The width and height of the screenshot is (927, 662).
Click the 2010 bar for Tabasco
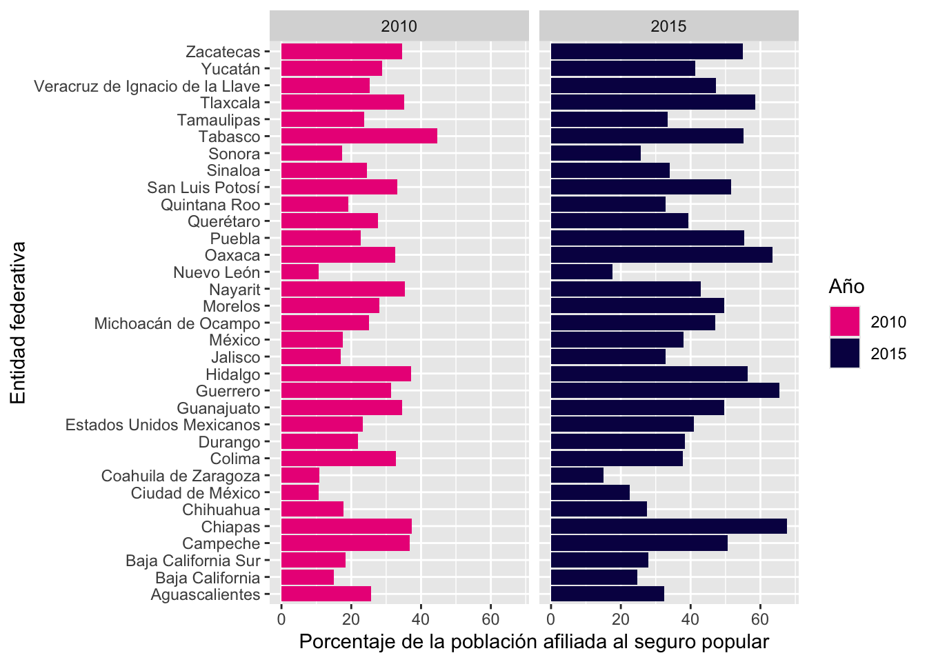click(x=359, y=136)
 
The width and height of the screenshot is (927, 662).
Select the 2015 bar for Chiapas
click(x=669, y=526)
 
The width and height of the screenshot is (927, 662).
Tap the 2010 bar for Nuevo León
click(x=300, y=272)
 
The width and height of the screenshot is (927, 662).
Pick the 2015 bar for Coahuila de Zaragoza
click(x=577, y=475)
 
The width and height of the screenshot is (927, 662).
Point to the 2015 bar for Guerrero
click(x=665, y=390)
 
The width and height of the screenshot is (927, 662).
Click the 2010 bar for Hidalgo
click(x=346, y=374)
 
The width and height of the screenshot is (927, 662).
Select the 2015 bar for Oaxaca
click(x=661, y=255)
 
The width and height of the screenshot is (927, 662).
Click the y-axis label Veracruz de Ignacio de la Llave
click(x=147, y=86)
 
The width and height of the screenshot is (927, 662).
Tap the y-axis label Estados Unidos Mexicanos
click(x=163, y=425)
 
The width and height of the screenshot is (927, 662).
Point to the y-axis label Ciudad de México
click(x=195, y=493)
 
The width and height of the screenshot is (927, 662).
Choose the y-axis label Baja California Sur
click(x=193, y=561)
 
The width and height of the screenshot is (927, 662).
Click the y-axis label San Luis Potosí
click(x=203, y=188)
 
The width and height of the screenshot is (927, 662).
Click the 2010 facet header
click(x=399, y=26)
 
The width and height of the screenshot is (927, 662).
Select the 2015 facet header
click(x=669, y=26)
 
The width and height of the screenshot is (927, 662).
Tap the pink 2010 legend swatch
click(x=845, y=321)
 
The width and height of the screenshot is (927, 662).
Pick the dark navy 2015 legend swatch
click(x=845, y=353)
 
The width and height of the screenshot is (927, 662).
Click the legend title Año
click(x=846, y=286)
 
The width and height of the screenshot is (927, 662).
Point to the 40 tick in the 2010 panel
click(x=421, y=619)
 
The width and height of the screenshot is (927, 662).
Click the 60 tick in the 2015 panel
click(x=760, y=619)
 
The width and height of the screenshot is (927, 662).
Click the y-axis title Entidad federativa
click(x=18, y=323)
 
